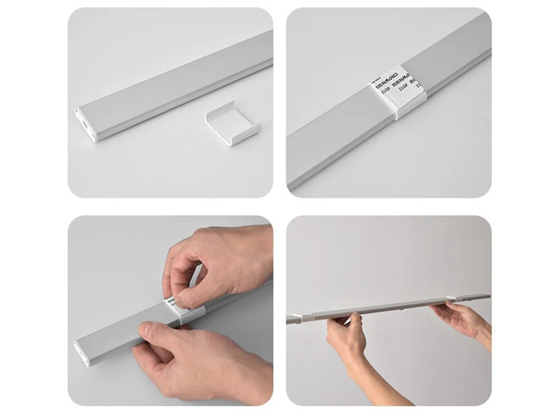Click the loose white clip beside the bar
(x=232, y=123)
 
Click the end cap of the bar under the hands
(x=83, y=352)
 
